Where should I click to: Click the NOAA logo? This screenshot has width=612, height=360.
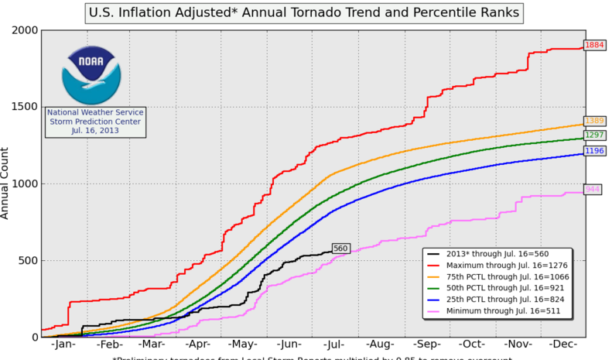(92, 74)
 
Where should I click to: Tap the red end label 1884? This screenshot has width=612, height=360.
(594, 46)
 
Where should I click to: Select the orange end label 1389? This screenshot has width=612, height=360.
(594, 121)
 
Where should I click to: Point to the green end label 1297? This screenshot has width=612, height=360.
(594, 135)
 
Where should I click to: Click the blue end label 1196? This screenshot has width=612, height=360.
(594, 150)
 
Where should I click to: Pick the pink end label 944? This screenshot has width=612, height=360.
(593, 189)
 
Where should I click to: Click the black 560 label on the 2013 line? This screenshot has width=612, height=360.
(340, 249)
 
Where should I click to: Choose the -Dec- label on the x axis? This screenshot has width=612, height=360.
(563, 345)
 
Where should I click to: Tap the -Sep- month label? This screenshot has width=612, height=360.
(427, 345)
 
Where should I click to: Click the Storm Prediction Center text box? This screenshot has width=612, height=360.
(95, 122)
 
